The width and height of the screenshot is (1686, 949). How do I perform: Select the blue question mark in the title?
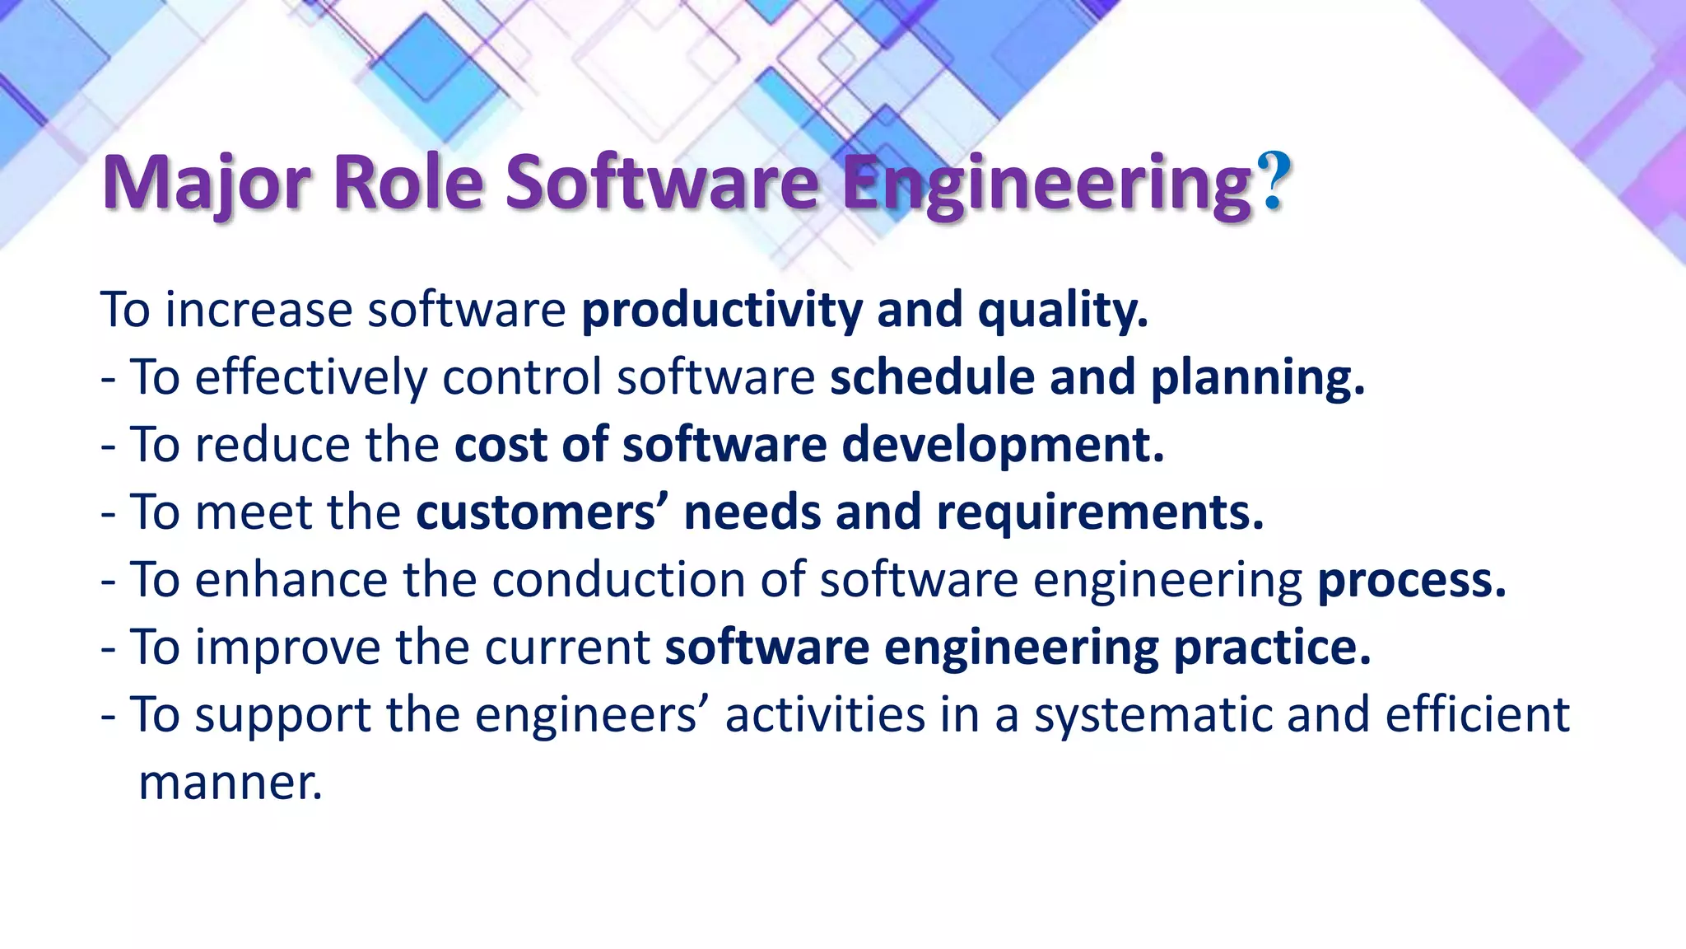[1274, 181]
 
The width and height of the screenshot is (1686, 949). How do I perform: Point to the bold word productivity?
[722, 311]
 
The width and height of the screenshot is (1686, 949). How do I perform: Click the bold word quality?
[1062, 311]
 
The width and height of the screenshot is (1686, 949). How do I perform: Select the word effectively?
[311, 378]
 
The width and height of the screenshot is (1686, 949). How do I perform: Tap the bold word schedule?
[932, 378]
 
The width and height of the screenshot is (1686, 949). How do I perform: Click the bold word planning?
[1257, 378]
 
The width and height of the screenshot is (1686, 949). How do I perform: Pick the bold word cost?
[501, 445]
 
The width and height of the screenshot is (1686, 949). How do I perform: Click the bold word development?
[1003, 446]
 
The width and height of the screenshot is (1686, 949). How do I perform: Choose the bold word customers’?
[543, 512]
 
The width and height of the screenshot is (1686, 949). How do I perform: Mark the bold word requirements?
[1100, 513]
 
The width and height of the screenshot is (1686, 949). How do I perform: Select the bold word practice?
[1272, 647]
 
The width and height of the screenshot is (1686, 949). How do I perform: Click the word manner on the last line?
[231, 783]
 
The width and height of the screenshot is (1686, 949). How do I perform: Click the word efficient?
[1478, 714]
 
